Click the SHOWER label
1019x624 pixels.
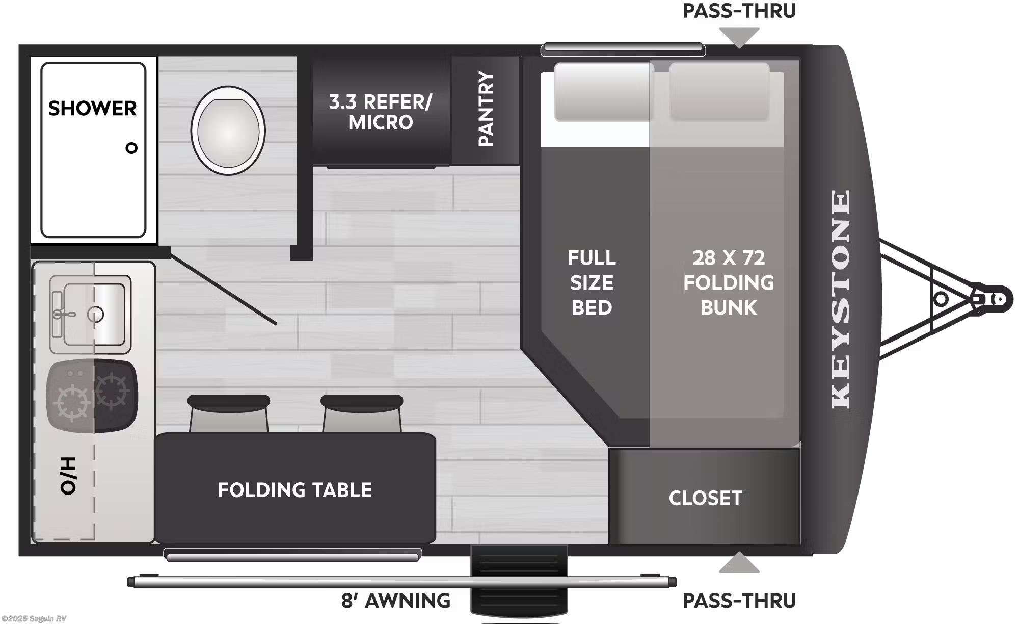coord(92,108)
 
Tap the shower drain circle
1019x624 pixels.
coord(131,148)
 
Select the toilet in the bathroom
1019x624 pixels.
coord(228,131)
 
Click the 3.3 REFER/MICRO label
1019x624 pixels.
coord(380,112)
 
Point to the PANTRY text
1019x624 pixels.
coord(486,109)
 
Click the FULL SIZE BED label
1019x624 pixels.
coord(592,282)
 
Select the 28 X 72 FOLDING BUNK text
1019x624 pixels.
coord(728,282)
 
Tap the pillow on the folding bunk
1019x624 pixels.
coord(719,92)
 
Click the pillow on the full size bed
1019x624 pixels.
coord(603,92)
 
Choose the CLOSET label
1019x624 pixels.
coord(705,498)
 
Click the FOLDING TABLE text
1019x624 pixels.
coord(294,490)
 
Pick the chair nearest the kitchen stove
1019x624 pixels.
coord(229,413)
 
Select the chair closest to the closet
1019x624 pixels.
coord(362,413)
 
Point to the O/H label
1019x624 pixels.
coord(68,476)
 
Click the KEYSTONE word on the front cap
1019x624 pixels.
coord(841,299)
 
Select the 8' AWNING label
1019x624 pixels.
coord(395,601)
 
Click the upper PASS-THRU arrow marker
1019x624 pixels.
coord(739,37)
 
